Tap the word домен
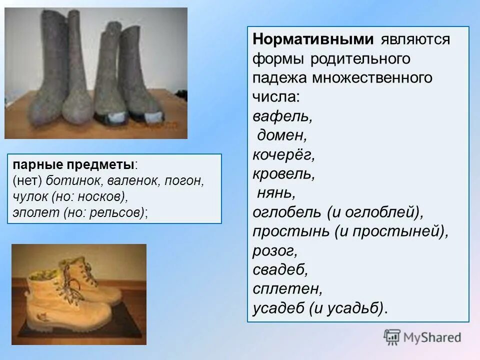[281, 135]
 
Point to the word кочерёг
[283, 154]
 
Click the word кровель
[283, 173]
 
